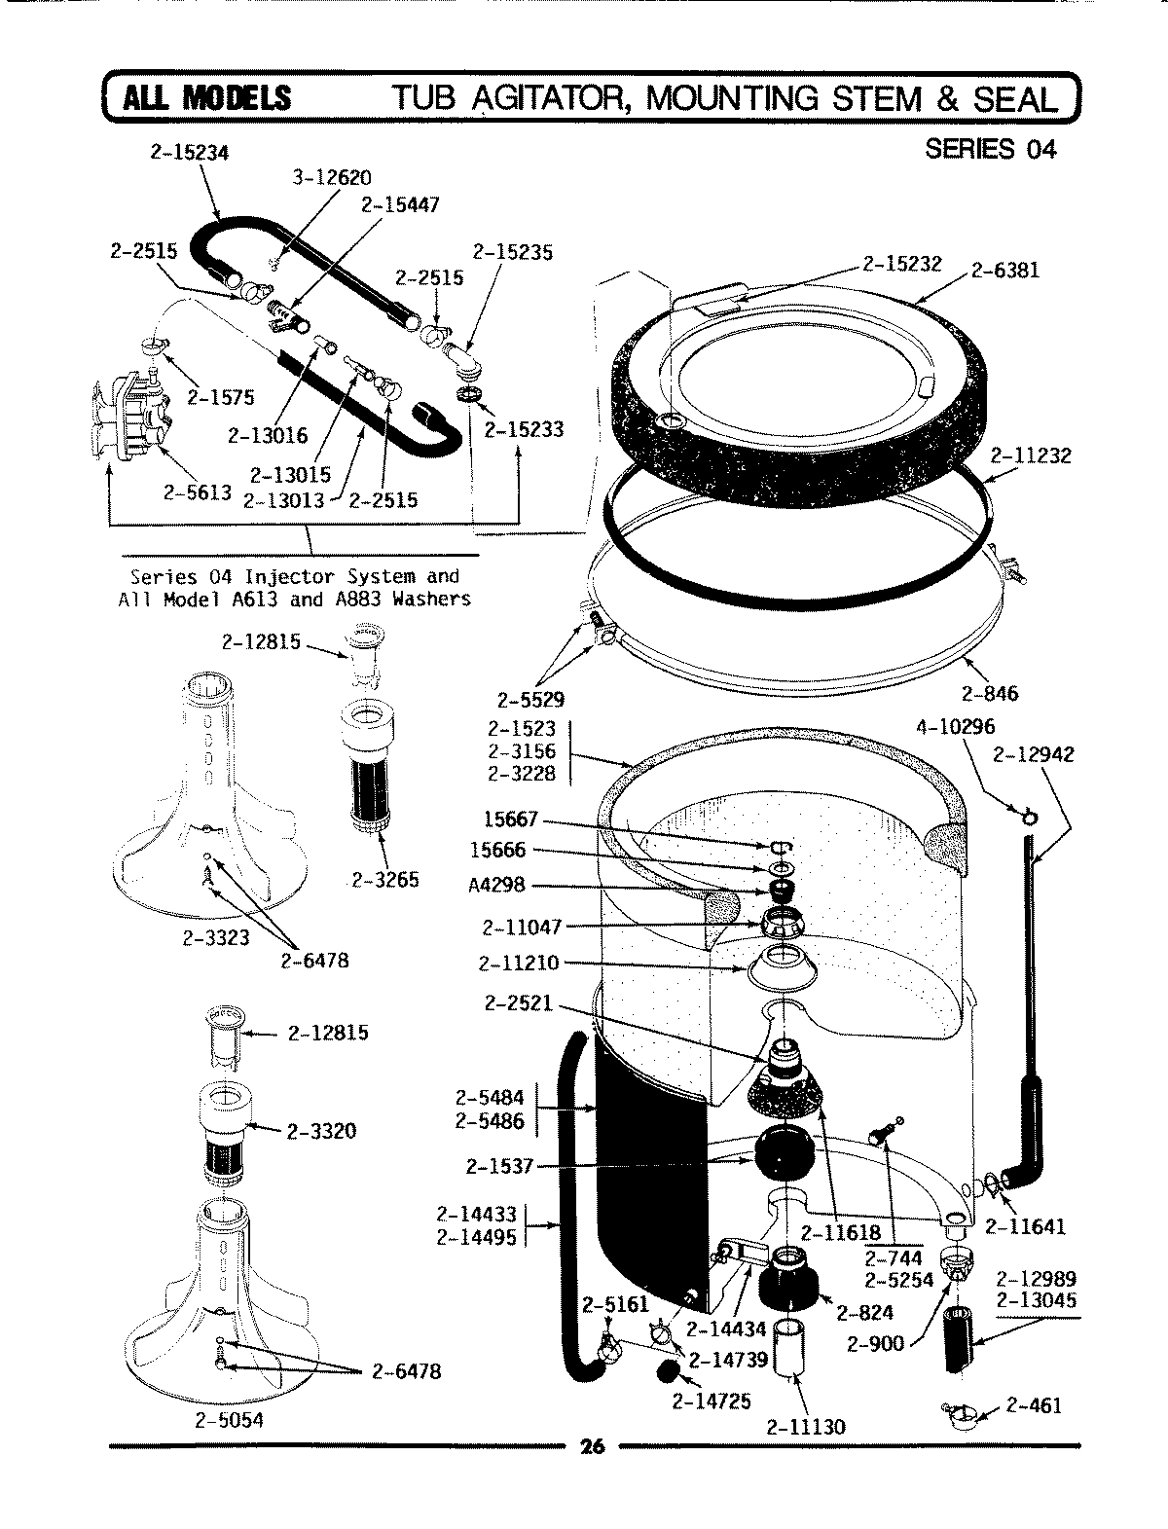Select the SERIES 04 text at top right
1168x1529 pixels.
click(x=990, y=149)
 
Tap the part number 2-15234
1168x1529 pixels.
click(x=189, y=153)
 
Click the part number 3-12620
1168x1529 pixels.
click(x=332, y=178)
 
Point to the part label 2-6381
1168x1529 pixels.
click(x=1004, y=270)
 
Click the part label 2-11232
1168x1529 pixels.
click(x=1031, y=455)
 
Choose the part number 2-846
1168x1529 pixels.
click(x=989, y=693)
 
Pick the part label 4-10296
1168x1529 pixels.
click(x=955, y=727)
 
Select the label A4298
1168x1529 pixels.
click(x=497, y=887)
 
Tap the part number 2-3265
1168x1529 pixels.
click(x=384, y=880)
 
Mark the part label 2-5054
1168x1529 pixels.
click(x=229, y=1419)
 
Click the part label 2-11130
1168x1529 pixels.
click(x=805, y=1427)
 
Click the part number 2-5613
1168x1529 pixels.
click(x=198, y=492)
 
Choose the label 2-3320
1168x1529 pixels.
click(x=321, y=1131)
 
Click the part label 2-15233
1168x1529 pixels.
click(x=524, y=429)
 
